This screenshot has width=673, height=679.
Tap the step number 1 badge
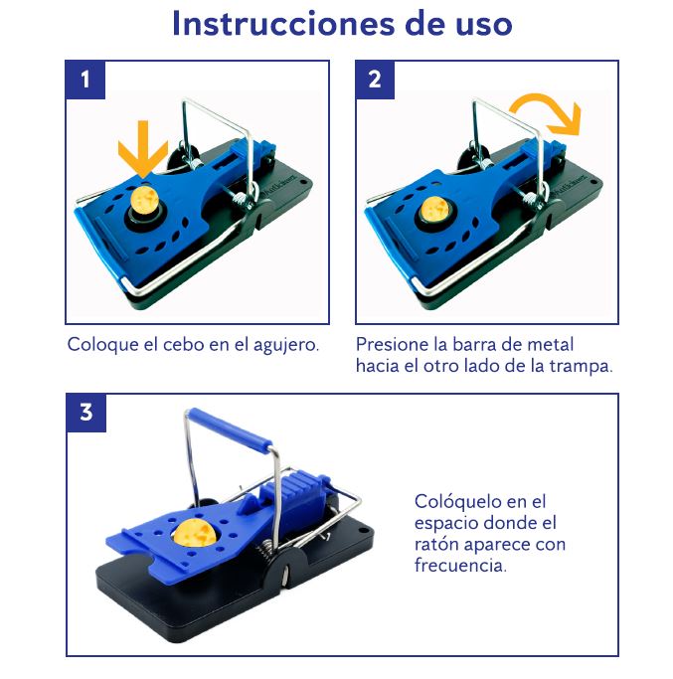point(85,80)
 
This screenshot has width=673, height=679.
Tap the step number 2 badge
point(375,80)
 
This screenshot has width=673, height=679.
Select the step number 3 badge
point(86,413)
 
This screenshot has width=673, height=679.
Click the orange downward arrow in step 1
point(143,149)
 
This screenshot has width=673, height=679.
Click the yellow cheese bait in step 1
point(145,202)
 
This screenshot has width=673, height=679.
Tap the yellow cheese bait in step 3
point(194,533)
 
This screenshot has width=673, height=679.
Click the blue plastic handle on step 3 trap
point(232,429)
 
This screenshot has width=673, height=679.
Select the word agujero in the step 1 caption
point(286,346)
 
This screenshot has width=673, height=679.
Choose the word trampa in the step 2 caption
point(582,367)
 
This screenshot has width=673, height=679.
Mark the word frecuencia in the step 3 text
point(460,565)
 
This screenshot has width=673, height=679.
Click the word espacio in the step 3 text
point(445,524)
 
